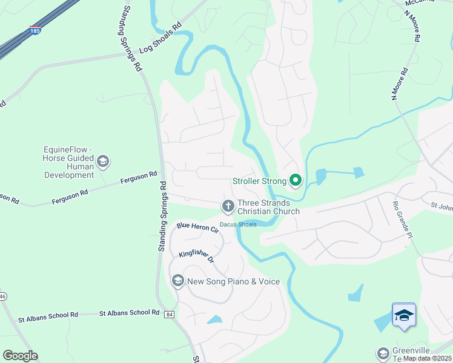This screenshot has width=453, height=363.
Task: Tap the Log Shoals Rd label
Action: coord(160,38)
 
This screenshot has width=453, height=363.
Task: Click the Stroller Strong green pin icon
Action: coord(296,180)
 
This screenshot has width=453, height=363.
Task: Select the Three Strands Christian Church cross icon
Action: coord(228,207)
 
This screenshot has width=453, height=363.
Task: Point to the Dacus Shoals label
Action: coord(238,224)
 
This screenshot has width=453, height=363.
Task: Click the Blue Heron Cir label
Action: coord(197,227)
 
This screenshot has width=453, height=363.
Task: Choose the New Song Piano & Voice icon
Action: coord(178,281)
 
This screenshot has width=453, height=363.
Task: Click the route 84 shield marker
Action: coord(169,315)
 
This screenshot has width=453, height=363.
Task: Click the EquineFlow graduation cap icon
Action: coord(103,161)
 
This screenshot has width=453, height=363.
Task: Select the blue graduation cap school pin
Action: coord(404,315)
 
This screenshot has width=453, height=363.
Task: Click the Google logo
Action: coord(20,356)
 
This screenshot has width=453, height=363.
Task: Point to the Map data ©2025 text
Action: coord(427,358)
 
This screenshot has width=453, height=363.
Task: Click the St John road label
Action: coord(441,206)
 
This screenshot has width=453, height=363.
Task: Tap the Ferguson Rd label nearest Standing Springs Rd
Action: coord(139,179)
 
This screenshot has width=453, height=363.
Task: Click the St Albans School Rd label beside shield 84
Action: coord(129,313)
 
